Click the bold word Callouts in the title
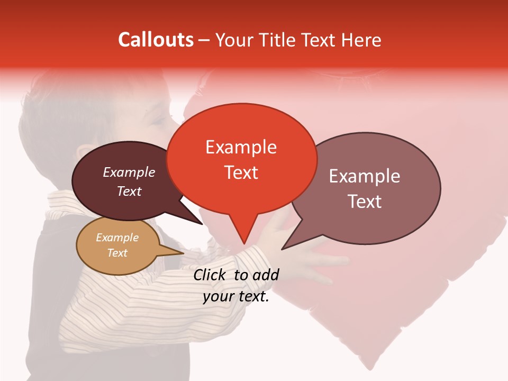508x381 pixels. pyautogui.click(x=156, y=40)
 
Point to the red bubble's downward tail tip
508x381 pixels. pyautogui.click(x=244, y=243)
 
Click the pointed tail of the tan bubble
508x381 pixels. pyautogui.click(x=183, y=253)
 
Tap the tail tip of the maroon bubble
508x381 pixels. pyautogui.click(x=202, y=224)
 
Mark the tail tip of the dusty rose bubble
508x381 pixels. pyautogui.click(x=282, y=249)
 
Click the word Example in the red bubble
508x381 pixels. pyautogui.click(x=241, y=147)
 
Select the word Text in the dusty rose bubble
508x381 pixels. pyautogui.click(x=365, y=202)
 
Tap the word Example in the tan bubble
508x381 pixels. pyautogui.click(x=117, y=238)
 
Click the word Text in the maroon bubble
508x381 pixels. pyautogui.click(x=129, y=191)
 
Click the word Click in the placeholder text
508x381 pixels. pyautogui.click(x=210, y=275)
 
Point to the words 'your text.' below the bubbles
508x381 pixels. pyautogui.click(x=236, y=297)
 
